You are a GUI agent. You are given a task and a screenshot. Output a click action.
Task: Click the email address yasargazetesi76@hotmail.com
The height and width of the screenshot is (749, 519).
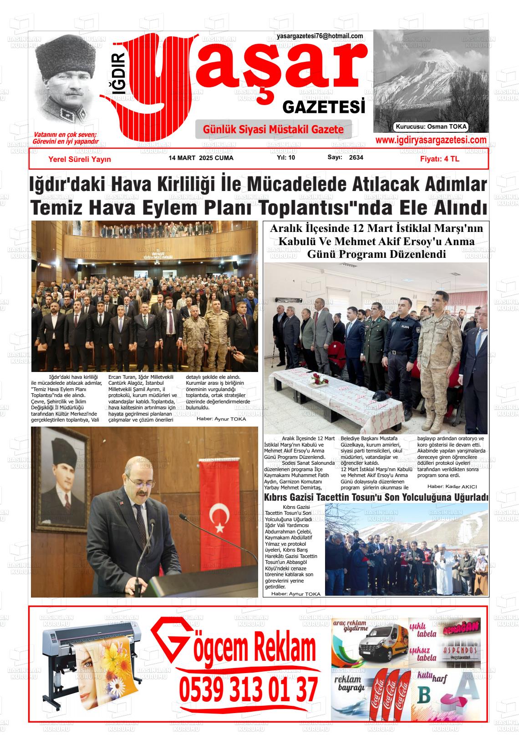click(320, 36)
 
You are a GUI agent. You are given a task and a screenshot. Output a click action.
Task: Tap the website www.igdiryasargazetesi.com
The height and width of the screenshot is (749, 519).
click(431, 140)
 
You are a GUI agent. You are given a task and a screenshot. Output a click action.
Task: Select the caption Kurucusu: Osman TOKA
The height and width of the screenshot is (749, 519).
click(431, 127)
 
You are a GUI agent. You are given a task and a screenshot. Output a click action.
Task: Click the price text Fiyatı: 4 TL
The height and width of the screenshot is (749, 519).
click(439, 159)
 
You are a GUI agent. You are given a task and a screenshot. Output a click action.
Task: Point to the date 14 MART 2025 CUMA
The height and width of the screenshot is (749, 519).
click(201, 158)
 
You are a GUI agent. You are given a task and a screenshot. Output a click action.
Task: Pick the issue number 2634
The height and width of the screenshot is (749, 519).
click(356, 158)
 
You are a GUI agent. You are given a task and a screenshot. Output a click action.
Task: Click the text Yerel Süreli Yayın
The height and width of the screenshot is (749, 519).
click(80, 159)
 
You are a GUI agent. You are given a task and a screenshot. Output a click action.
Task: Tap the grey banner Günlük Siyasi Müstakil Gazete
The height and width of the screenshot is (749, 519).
click(273, 130)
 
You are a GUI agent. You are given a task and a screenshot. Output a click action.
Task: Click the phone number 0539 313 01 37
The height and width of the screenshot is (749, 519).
click(248, 689)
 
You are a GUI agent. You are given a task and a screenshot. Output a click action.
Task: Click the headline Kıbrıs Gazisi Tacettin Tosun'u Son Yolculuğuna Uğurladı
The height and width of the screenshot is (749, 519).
click(376, 497)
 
